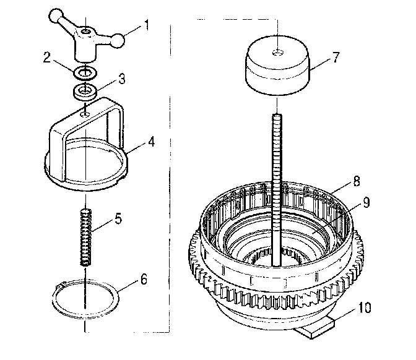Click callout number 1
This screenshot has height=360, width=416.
(147, 25)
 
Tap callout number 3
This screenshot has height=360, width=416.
(123, 79)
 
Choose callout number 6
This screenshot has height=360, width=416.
(144, 280)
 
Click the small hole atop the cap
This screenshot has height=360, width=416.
(278, 51)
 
